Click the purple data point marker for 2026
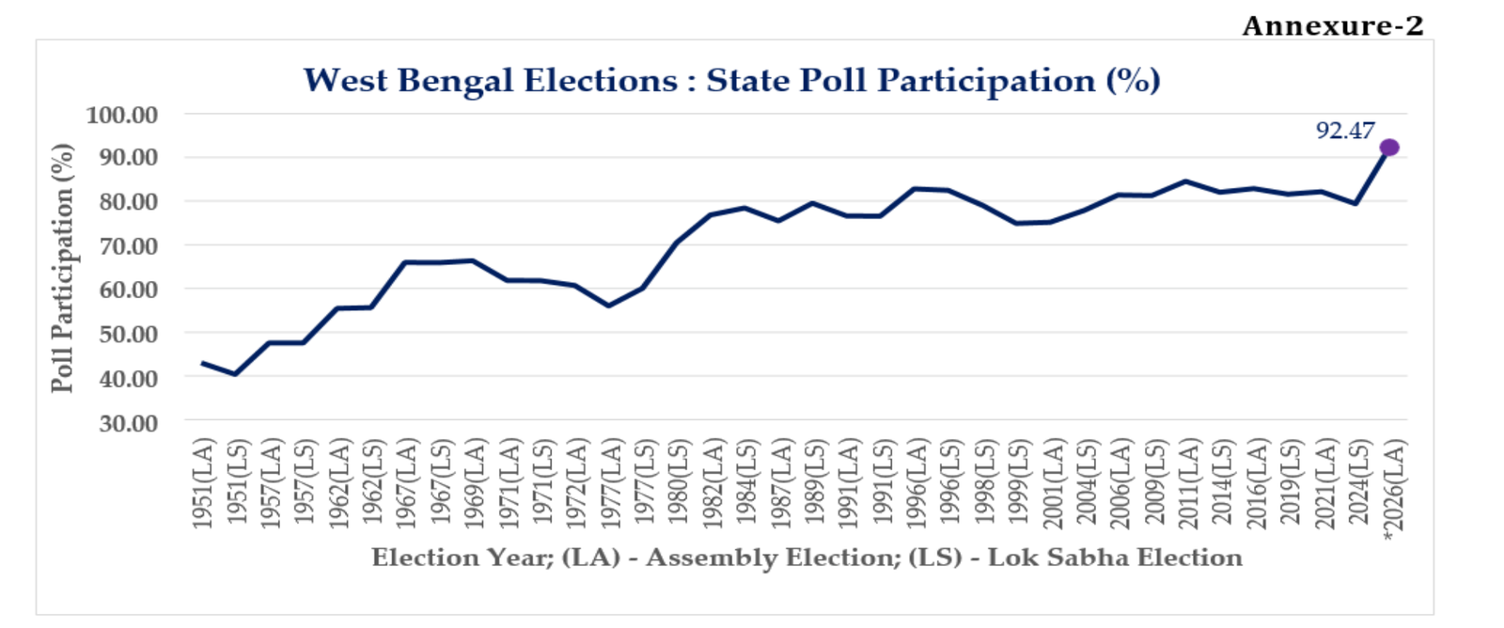click(x=1389, y=148)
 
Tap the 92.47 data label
click(x=1345, y=131)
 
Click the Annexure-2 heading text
click(x=1333, y=25)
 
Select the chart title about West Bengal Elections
click(x=731, y=81)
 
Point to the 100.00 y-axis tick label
click(x=122, y=115)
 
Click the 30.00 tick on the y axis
click(x=129, y=423)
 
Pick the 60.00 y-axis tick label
click(x=129, y=290)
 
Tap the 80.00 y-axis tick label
click(x=129, y=201)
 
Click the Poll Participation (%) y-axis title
click(x=62, y=268)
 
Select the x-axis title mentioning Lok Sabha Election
click(x=807, y=557)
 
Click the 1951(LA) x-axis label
click(x=203, y=483)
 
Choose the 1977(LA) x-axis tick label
click(x=611, y=483)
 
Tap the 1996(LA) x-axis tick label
click(x=916, y=483)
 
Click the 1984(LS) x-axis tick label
click(x=746, y=483)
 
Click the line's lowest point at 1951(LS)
click(x=235, y=374)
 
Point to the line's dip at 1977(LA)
click(x=609, y=306)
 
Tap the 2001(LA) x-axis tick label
click(x=1053, y=483)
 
